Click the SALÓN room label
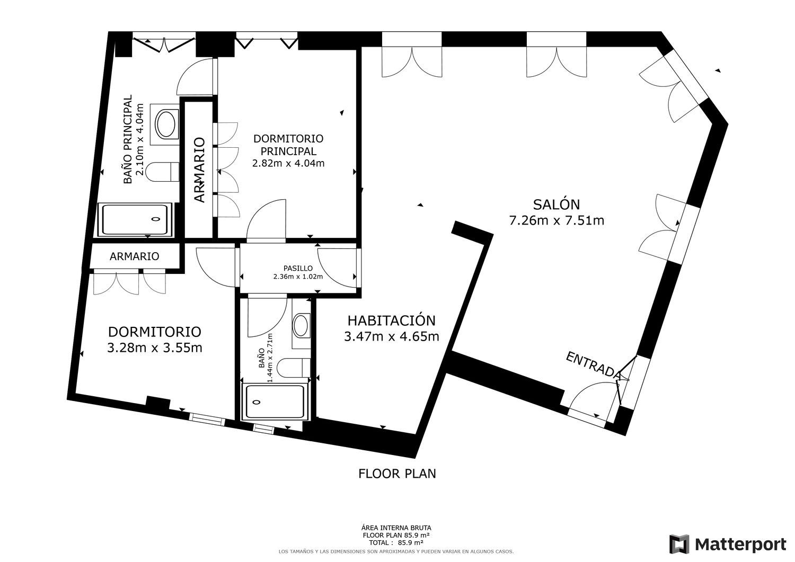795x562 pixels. tap(556, 204)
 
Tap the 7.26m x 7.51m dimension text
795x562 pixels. tap(556, 221)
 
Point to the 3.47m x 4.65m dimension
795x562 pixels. tap(392, 336)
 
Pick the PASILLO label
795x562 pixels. tap(298, 268)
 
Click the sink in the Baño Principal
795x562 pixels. tap(165, 124)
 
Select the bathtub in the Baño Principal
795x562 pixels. tap(135, 220)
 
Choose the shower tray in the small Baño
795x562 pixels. tap(276, 402)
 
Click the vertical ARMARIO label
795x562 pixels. tap(200, 170)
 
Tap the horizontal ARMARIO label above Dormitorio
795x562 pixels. tap(134, 256)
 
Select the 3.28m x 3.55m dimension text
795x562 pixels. tap(155, 347)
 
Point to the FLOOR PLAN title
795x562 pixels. tap(397, 474)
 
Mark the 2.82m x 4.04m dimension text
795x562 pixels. tap(288, 163)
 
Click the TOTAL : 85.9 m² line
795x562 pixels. tap(396, 542)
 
